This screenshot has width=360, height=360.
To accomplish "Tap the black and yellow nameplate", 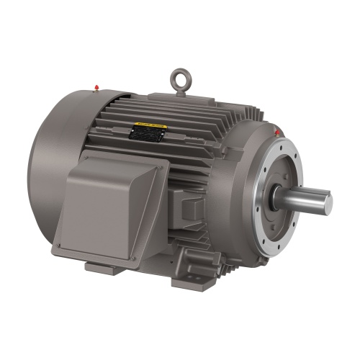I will pos(148,131).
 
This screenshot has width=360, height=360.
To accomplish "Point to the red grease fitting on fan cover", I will pos(96,89).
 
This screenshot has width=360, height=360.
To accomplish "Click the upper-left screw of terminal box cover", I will pos(71,180).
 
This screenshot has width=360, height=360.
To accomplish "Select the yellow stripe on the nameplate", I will pos(148,128).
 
